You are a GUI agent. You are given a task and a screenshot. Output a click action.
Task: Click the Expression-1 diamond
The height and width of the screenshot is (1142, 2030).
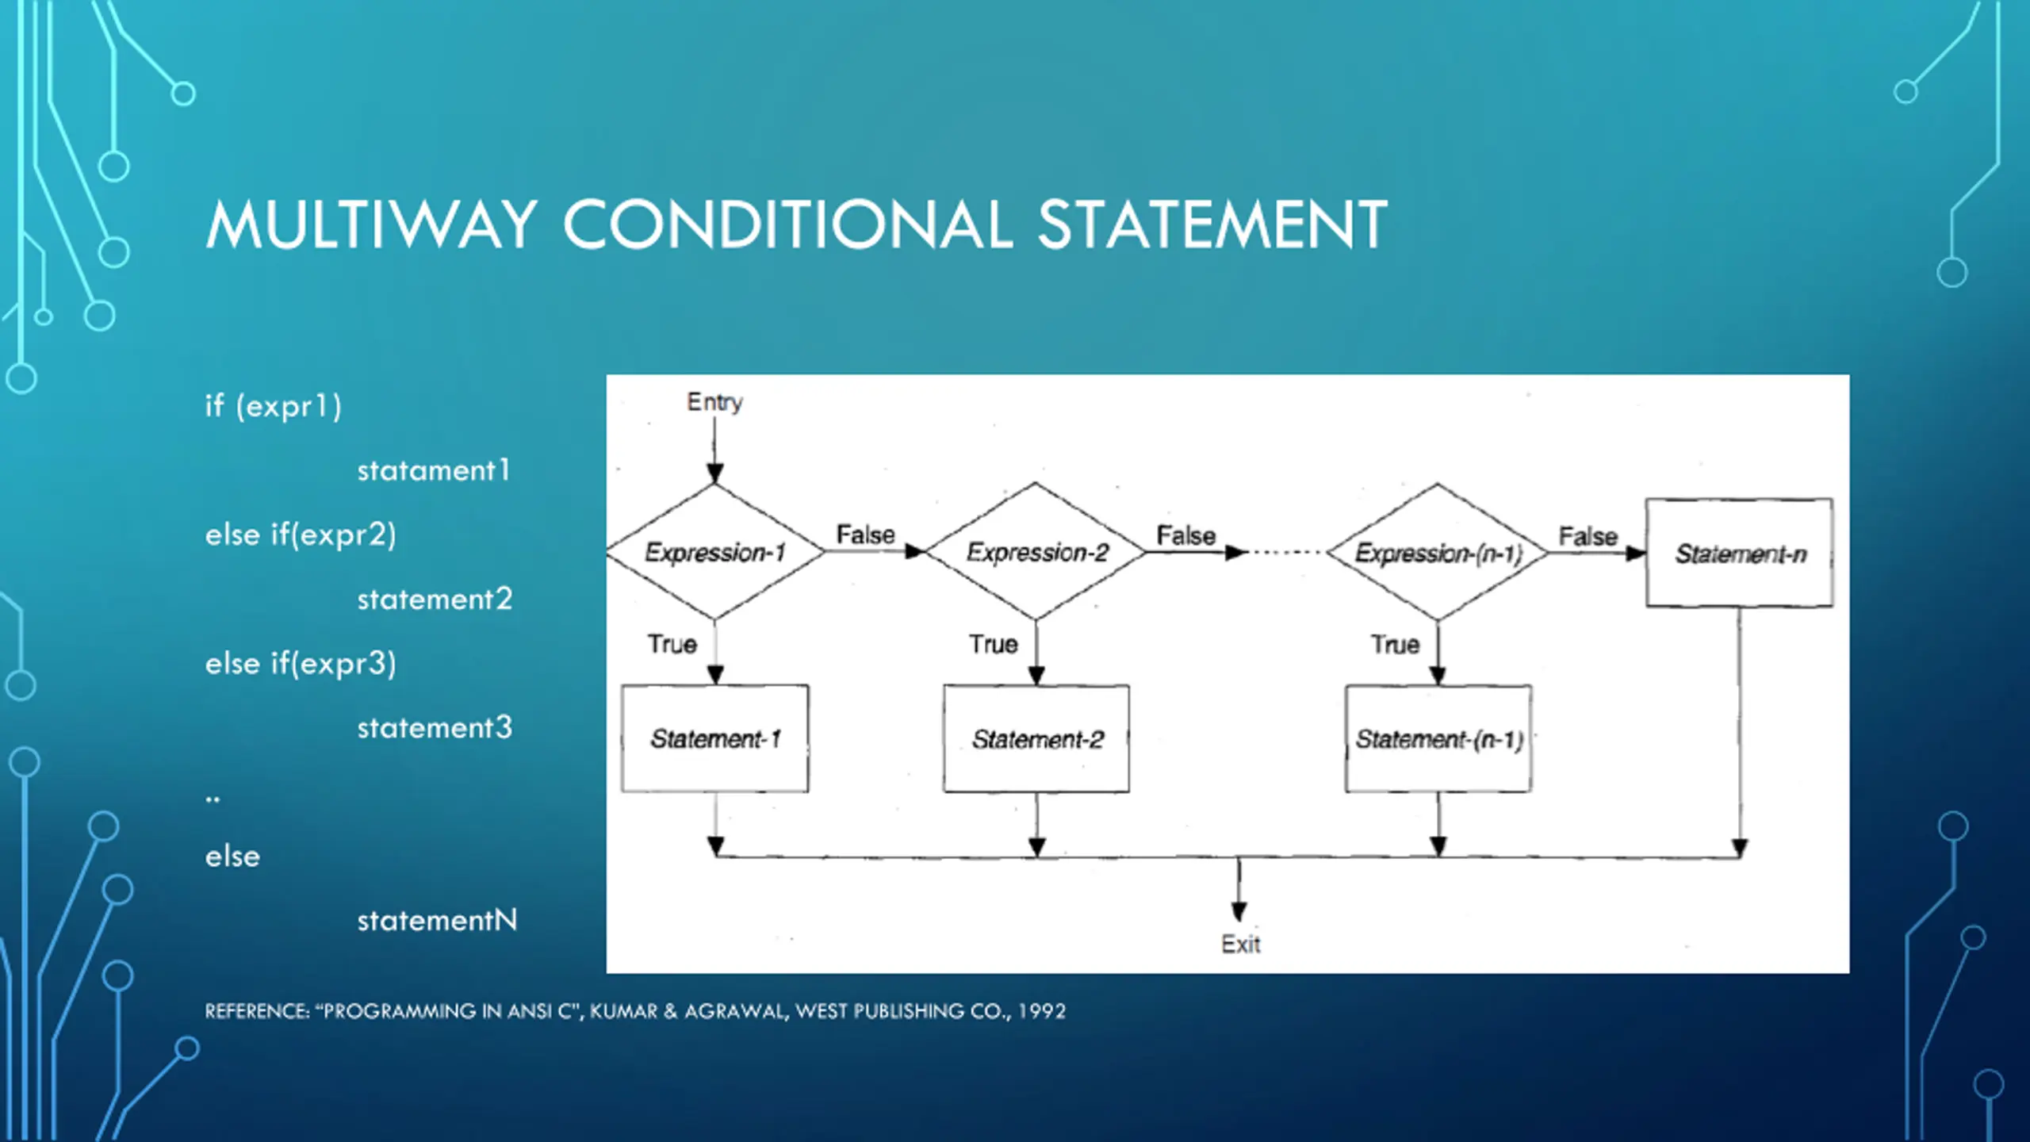[x=715, y=552]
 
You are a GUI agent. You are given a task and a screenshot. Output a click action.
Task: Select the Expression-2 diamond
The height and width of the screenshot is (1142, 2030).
[x=1036, y=552]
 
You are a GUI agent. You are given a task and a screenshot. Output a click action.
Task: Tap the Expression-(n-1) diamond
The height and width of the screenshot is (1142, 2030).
[x=1438, y=553]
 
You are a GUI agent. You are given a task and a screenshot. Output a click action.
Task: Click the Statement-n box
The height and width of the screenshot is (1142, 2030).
[x=1740, y=554]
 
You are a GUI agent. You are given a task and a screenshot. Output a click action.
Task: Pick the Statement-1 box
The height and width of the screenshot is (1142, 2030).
[x=715, y=739]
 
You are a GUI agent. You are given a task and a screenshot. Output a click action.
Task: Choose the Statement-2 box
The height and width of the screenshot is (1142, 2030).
[x=1036, y=739]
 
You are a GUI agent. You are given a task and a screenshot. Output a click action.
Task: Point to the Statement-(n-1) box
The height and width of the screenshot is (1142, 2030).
[x=1438, y=739]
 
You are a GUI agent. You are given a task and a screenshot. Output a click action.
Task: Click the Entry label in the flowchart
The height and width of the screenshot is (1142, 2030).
[x=714, y=402]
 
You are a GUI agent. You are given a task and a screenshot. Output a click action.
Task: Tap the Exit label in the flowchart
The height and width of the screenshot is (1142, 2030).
[x=1240, y=945]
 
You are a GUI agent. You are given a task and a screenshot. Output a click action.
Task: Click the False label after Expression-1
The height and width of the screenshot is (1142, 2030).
[x=865, y=535]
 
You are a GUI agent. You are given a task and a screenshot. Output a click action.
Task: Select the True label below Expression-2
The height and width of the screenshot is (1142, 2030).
[x=993, y=644]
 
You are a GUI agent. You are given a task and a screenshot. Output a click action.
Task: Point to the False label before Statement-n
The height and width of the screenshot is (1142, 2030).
[x=1588, y=536]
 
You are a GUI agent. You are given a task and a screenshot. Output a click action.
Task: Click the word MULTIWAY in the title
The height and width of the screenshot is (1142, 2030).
[x=371, y=225]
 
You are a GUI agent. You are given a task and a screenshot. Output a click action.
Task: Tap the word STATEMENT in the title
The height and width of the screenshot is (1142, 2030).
[x=1212, y=225]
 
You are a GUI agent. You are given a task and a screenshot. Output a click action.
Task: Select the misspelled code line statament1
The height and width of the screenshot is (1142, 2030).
[x=433, y=470]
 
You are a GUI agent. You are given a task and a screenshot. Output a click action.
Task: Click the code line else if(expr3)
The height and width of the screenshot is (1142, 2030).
[x=301, y=663]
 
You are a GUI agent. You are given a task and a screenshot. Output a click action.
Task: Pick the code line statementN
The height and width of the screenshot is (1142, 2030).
[x=437, y=920]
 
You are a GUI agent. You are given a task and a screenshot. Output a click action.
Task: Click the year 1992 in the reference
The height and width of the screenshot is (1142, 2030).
[x=1042, y=1011]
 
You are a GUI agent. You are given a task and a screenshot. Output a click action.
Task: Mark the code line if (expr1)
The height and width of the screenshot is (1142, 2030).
[x=274, y=406]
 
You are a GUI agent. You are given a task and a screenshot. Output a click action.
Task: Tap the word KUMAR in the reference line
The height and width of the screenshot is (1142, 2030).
[x=624, y=1011]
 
